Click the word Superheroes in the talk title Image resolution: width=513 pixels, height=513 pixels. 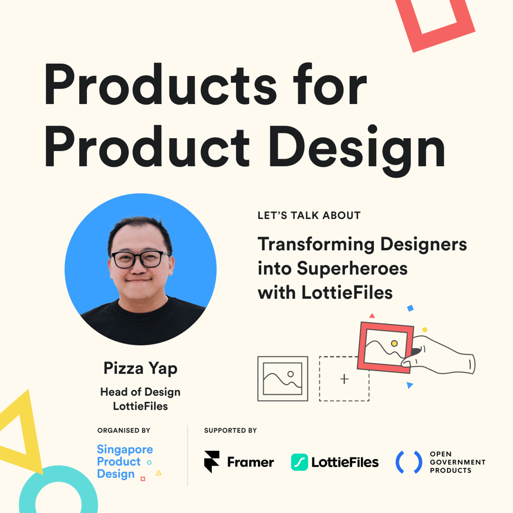[352, 269]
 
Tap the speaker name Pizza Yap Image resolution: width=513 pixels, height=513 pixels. [140, 368]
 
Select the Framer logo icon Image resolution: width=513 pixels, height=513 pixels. [212, 462]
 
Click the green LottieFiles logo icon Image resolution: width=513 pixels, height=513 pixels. [299, 462]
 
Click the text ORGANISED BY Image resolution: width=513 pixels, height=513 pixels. [124, 430]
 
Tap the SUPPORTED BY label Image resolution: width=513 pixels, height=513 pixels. [231, 430]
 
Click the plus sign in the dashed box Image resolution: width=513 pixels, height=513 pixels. [344, 379]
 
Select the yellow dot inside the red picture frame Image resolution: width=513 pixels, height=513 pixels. [394, 343]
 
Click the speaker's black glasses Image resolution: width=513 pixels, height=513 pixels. [140, 259]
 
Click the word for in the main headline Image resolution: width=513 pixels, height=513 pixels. [330, 84]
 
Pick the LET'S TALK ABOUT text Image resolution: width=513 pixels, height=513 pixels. [309, 215]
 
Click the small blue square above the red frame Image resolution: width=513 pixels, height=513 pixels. [410, 308]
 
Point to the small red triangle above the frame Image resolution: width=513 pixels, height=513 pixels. [372, 316]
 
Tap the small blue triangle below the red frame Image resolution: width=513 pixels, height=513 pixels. [409, 385]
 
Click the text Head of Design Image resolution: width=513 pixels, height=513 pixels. [140, 392]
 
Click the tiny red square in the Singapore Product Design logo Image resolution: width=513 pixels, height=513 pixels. [143, 479]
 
